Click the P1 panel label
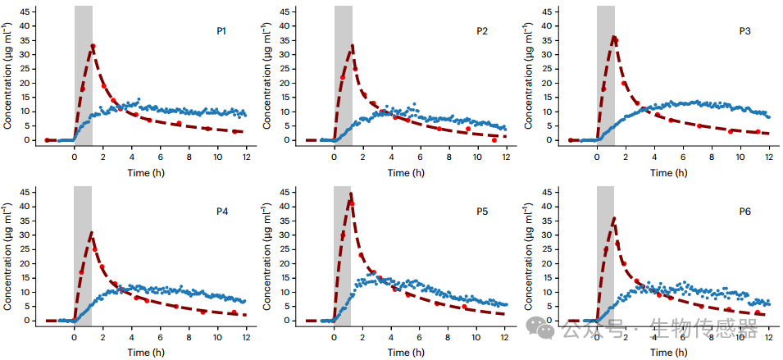pyautogui.click(x=221, y=31)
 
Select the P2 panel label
pyautogui.click(x=482, y=31)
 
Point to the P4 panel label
pyautogui.click(x=221, y=212)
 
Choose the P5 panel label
pyautogui.click(x=482, y=212)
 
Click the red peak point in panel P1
pyautogui.click(x=93, y=46)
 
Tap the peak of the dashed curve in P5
pyautogui.click(x=351, y=194)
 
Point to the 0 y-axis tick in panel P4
pyautogui.click(x=34, y=321)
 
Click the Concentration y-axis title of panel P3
pyautogui.click(x=530, y=75)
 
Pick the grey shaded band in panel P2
pyautogui.click(x=343, y=74)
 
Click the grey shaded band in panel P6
pyautogui.click(x=605, y=254)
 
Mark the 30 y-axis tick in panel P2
pyautogui.click(x=294, y=55)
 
